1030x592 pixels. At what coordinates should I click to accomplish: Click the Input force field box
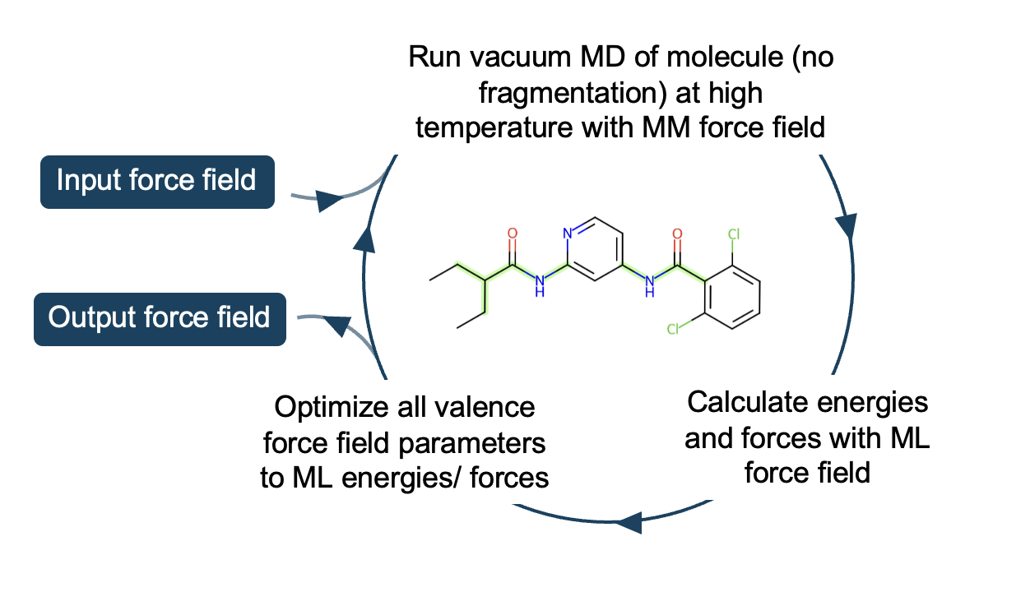pyautogui.click(x=156, y=181)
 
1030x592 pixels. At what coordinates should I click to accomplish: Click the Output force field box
pyautogui.click(x=160, y=317)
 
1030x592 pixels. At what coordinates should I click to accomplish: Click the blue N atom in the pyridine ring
pyautogui.click(x=567, y=234)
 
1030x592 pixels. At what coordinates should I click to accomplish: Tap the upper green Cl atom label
pyautogui.click(x=734, y=234)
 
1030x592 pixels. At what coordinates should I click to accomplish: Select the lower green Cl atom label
pyautogui.click(x=674, y=331)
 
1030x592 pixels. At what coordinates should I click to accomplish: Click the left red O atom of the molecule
pyautogui.click(x=513, y=234)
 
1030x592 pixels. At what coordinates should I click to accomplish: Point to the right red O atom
pyautogui.click(x=678, y=234)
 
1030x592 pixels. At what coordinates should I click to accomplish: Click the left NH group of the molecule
pyautogui.click(x=540, y=284)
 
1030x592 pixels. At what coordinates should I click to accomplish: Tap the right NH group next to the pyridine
pyautogui.click(x=650, y=284)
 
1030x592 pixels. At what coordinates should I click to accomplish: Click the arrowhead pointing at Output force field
pyautogui.click(x=334, y=326)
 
